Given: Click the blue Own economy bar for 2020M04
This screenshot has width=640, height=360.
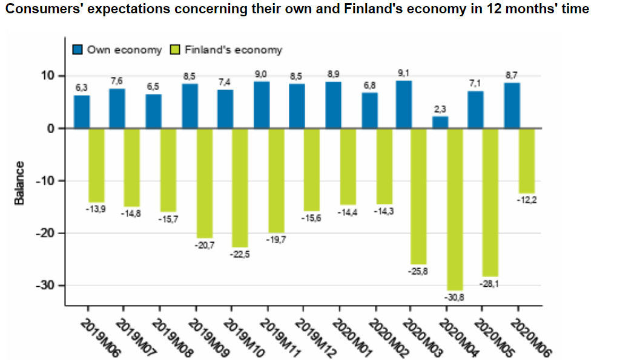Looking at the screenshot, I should point(440,122).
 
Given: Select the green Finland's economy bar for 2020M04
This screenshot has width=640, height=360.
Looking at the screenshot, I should point(455,209).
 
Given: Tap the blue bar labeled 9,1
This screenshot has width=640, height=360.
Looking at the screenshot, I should point(404,105).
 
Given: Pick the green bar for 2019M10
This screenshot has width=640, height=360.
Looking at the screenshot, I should point(240,187).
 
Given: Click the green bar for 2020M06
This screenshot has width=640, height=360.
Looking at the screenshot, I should point(527,160).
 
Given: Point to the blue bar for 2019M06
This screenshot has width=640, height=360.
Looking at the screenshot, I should point(82,112).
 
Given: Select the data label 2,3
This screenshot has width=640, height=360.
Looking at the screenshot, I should point(440,110).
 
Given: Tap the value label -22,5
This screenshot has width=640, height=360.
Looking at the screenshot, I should point(240,254).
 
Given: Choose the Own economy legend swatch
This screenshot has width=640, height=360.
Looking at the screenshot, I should point(78,50).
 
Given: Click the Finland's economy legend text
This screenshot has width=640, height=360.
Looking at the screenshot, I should point(233,50).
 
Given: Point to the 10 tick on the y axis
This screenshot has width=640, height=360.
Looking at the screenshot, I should point(47,76).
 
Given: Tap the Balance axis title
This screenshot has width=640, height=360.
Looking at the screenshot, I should point(19,183).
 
